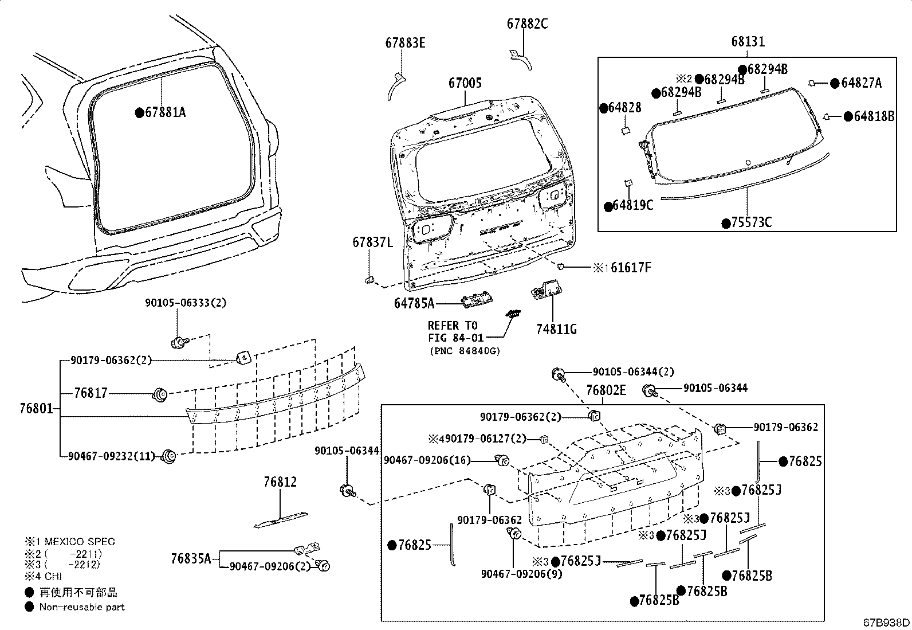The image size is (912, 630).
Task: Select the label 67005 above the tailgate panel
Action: coord(465,83)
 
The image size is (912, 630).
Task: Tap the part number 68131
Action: coord(748,42)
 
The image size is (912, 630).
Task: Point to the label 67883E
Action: coord(405,42)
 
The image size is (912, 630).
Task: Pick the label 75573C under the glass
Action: coord(751,222)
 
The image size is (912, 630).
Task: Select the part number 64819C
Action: coord(632,205)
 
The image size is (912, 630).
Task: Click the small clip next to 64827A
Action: coord(812,84)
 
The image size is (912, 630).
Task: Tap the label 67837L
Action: coord(372,242)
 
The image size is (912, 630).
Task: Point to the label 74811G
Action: coord(556,329)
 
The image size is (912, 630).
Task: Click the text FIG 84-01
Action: coord(455,338)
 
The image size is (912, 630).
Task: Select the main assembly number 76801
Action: coord(36,409)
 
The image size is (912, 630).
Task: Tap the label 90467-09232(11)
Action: coord(111,456)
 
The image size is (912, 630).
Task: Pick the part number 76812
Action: coord(280,482)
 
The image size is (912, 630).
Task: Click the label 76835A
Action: coord(191,558)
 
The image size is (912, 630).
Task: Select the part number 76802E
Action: coord(606,390)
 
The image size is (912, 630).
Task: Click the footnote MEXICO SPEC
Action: coord(77,541)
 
